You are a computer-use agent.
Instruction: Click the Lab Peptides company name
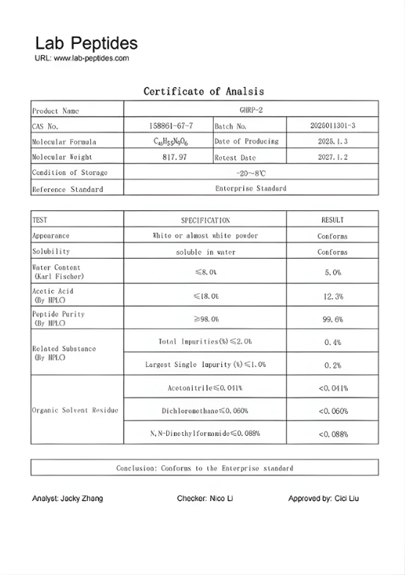tap(86, 43)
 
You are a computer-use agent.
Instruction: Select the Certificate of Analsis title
tap(204, 92)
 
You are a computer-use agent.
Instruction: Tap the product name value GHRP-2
tap(250, 111)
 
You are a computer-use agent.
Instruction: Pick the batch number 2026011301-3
tap(332, 126)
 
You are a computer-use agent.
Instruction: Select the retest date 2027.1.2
tap(332, 157)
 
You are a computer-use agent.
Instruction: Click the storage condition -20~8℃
tap(250, 173)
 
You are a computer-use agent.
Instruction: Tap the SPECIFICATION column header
tap(205, 220)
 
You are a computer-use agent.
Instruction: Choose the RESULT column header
tap(332, 220)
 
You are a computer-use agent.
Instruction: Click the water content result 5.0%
tap(332, 272)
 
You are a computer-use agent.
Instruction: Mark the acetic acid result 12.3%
tap(332, 296)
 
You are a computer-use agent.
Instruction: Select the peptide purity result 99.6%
tap(332, 319)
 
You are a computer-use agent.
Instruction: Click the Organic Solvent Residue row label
tap(75, 410)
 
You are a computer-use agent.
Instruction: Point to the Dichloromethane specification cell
tap(205, 411)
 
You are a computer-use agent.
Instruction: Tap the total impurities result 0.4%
tap(332, 342)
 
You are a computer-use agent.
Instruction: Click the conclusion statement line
tap(204, 467)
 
